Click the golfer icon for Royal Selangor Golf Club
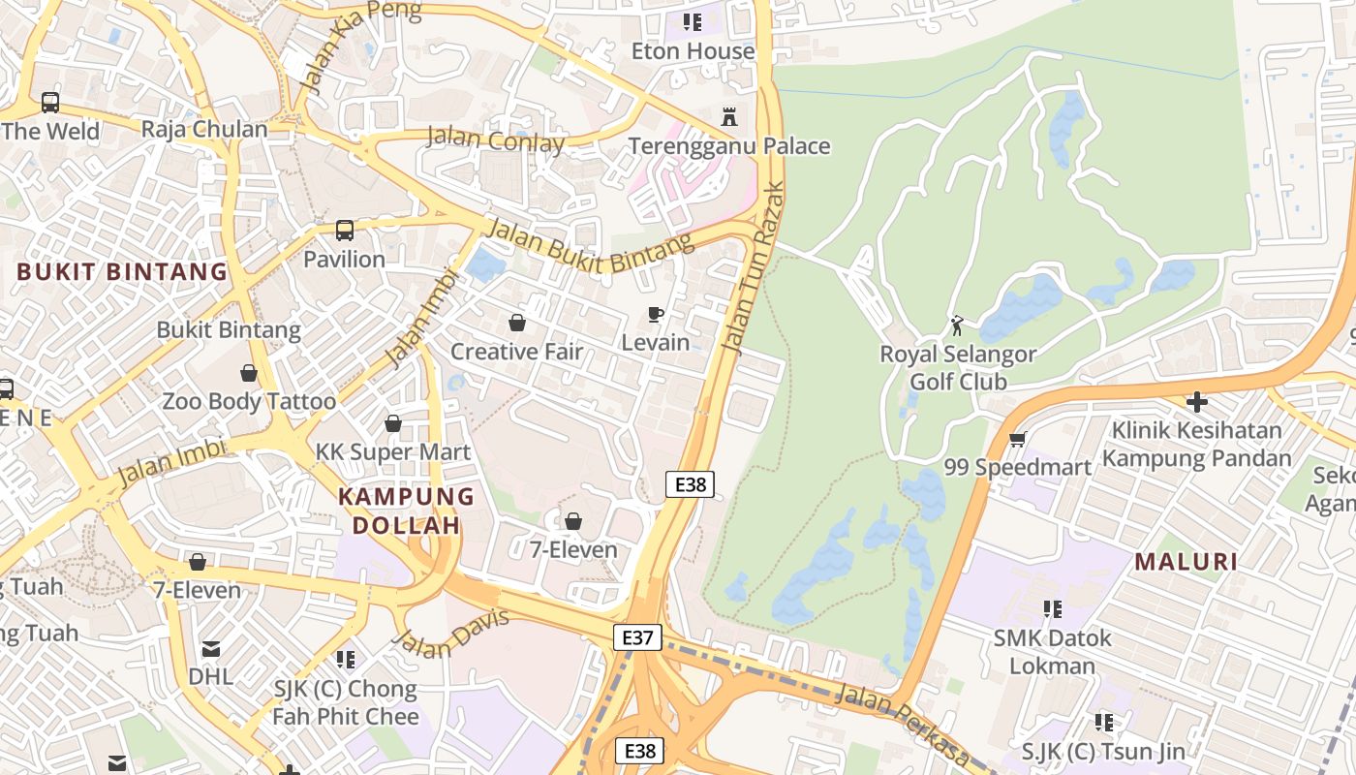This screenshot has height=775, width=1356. click(957, 325)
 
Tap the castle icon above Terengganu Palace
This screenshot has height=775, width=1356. click(729, 117)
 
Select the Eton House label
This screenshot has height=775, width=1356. click(693, 51)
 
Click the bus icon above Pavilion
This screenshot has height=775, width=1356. click(345, 231)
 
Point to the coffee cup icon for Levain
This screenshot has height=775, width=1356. click(656, 314)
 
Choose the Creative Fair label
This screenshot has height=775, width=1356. click(516, 352)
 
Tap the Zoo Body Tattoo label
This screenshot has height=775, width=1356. click(249, 401)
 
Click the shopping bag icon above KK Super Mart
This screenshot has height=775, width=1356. click(393, 423)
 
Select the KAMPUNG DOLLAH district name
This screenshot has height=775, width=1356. click(406, 511)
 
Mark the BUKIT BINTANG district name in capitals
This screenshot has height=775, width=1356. click(122, 272)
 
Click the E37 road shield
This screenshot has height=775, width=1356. click(637, 637)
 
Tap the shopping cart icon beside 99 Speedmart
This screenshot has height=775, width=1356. click(1017, 440)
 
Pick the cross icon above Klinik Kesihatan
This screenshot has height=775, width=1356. click(1197, 401)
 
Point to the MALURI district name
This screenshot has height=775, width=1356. click(1186, 562)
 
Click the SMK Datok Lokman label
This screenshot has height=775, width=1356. click(1053, 652)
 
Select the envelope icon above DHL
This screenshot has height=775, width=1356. click(211, 649)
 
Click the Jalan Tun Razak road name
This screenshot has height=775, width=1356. click(754, 269)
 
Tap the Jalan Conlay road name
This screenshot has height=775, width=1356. click(495, 140)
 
